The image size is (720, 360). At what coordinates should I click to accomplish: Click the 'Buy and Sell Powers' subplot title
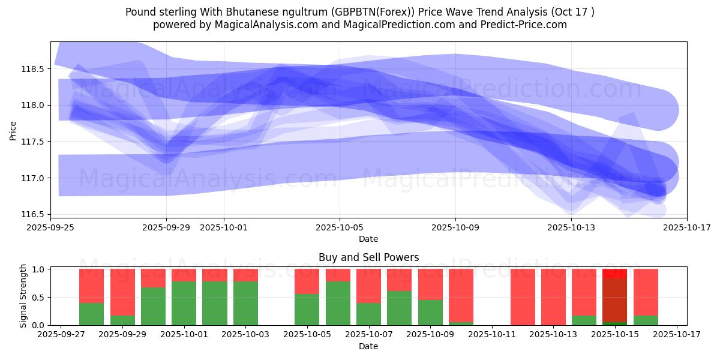coord(368,257)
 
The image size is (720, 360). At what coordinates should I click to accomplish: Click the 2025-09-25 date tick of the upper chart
coord(50,227)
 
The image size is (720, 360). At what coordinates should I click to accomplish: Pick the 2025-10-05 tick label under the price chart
coord(340,227)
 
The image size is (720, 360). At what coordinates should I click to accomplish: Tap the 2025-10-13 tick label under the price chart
coord(571,227)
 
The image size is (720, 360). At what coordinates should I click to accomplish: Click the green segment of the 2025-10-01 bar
coord(184,303)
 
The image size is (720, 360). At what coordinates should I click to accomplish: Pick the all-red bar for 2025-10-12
coord(523,297)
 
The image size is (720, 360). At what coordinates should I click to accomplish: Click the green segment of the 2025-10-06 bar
coord(338,303)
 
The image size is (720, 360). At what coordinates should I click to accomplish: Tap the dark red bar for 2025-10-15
coord(614,300)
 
